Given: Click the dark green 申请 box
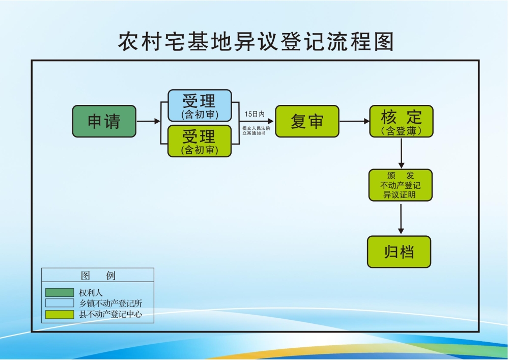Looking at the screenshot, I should pos(104,121).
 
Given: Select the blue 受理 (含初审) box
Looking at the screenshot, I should pos(200,105).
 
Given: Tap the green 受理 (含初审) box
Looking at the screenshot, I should pos(200,141).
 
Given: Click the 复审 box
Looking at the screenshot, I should pos(307,121).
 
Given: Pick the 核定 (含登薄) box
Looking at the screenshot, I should pos(401,121).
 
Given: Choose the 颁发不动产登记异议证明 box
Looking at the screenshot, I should pos(400,185).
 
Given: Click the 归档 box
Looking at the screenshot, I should pos(399,252).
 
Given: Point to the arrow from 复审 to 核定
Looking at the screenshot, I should pos(354,121).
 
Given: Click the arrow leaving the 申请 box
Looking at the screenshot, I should pos(148,121).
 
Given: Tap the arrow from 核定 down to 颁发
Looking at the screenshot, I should pos(401,153).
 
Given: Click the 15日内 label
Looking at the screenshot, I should pos(254,114).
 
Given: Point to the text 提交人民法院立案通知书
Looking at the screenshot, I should pos(256,130).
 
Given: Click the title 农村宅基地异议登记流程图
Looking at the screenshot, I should pos(256,42).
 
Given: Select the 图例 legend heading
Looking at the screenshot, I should pos(98,275).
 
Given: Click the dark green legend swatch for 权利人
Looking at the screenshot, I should pos(60,293).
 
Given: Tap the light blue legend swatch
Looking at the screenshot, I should pos(60,303).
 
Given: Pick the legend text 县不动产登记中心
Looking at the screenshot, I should pos(110,314).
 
